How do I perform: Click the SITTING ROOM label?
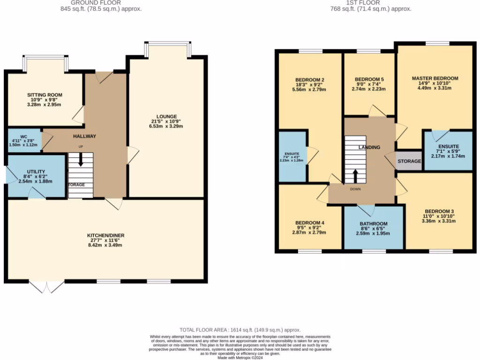[45, 95]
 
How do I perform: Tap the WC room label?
[18, 137]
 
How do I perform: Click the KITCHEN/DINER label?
[105, 235]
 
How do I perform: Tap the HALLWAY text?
[84, 136]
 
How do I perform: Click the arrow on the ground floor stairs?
[81, 160]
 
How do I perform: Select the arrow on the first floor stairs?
[355, 176]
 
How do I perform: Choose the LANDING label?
[369, 148]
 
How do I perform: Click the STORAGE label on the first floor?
[409, 161]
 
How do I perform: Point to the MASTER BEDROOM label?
[435, 78]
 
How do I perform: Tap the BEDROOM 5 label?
[369, 79]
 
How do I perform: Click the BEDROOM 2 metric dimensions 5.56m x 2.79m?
[309, 90]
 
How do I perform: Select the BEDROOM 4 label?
[310, 223]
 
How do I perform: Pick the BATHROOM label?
[374, 224]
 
